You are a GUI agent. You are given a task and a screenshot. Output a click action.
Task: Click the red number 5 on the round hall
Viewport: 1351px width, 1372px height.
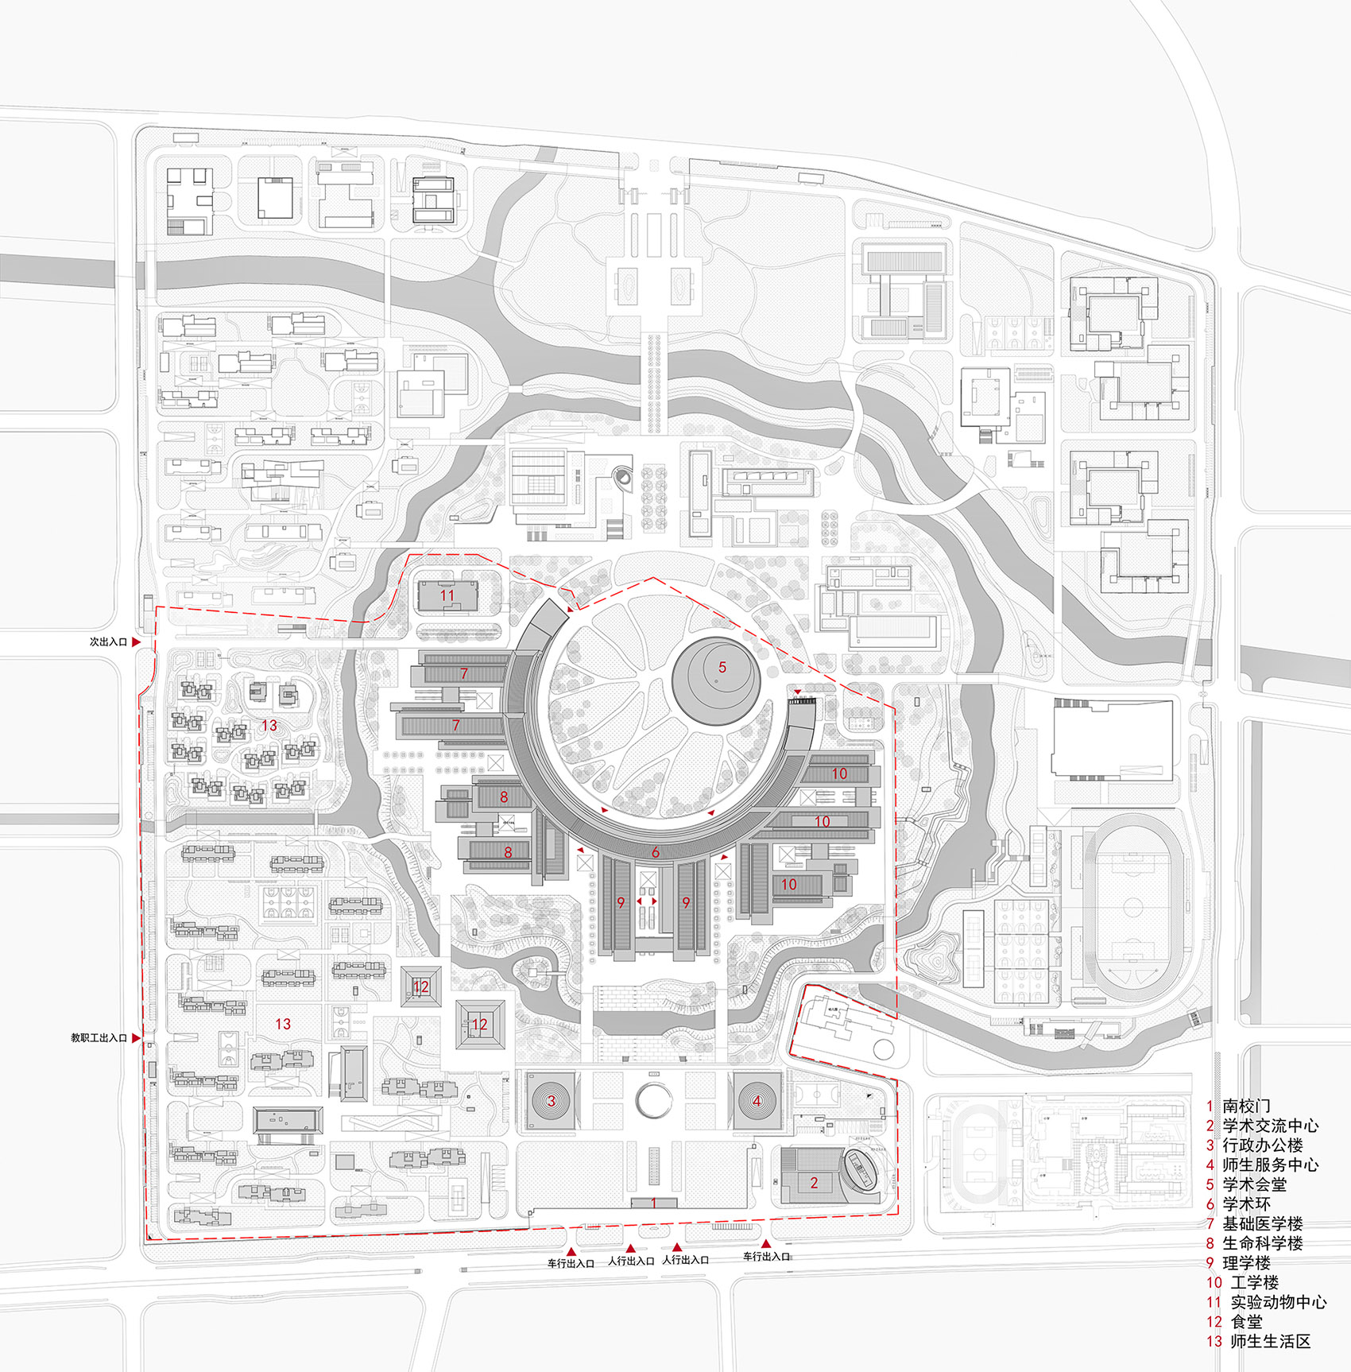[722, 667]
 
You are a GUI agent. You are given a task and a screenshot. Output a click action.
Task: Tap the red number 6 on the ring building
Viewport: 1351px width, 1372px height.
[656, 852]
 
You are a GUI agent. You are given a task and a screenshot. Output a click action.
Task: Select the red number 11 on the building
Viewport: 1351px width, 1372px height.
[447, 595]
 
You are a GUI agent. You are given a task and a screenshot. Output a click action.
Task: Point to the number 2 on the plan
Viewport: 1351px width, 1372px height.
[814, 1183]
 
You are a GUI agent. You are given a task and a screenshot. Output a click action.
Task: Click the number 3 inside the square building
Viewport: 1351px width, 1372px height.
[551, 1101]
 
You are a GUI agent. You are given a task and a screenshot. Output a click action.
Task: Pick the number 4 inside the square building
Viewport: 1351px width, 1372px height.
[757, 1101]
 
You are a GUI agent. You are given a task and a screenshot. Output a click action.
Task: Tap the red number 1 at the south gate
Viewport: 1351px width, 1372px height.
[654, 1203]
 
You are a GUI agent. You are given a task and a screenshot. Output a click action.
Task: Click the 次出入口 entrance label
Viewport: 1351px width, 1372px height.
[108, 641]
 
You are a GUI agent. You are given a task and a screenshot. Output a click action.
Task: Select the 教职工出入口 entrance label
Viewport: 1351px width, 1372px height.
[99, 1037]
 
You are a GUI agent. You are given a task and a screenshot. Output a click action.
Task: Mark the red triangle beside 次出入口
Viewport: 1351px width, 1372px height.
[136, 641]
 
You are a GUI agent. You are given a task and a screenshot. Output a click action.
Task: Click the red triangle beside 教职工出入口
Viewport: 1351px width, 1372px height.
[136, 1037]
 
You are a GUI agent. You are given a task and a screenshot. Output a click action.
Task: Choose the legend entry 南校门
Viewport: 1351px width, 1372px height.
[1246, 1106]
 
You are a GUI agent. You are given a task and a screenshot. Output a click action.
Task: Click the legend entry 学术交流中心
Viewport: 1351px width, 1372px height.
[1270, 1126]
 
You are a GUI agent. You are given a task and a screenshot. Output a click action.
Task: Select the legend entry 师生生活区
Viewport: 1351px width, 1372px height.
[1270, 1341]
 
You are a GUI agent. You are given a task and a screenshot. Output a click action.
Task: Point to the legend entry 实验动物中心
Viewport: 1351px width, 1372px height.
[1278, 1302]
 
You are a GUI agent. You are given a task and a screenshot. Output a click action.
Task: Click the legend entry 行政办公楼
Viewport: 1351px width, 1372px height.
[1262, 1145]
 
